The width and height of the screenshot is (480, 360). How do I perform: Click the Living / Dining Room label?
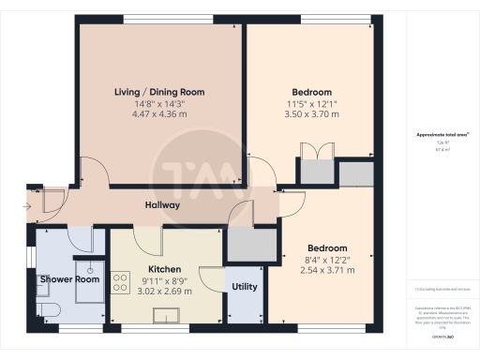coord(159,92)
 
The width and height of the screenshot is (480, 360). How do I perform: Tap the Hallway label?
coord(162,205)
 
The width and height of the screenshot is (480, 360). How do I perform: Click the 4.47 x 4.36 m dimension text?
coord(159,114)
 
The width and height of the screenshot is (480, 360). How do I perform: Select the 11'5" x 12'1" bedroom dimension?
coord(308,103)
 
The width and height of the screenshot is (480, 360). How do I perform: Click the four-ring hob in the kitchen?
coord(121,281)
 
